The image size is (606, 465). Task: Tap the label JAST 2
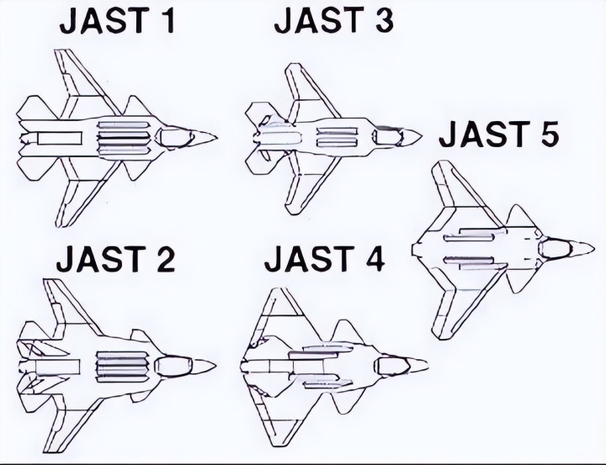click(115, 260)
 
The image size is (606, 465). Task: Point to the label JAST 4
click(324, 260)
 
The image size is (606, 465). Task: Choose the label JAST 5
click(499, 134)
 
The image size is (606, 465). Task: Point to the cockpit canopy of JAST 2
click(174, 366)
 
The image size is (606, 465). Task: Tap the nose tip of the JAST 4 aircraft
click(428, 366)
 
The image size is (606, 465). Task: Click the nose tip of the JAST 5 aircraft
click(598, 248)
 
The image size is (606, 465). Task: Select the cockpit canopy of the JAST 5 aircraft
click(558, 248)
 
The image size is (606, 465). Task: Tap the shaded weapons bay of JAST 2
click(118, 366)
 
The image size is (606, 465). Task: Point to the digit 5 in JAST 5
click(548, 134)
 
